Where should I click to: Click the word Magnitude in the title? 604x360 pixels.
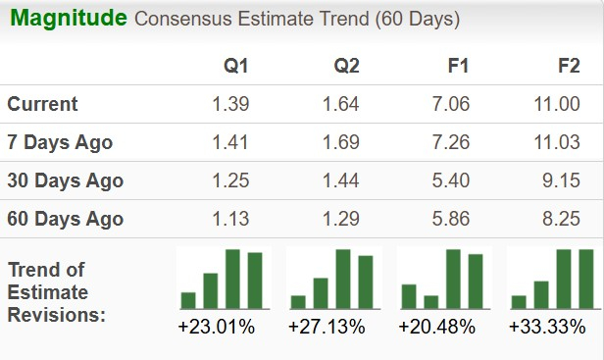pyautogui.click(x=69, y=19)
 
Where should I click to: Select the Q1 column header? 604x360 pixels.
pyautogui.click(x=236, y=67)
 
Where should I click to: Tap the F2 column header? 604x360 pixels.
pyautogui.click(x=568, y=67)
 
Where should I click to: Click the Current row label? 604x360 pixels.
pyautogui.click(x=42, y=104)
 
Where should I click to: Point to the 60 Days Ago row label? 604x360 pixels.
pyautogui.click(x=65, y=219)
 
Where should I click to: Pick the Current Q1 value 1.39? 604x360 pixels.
pyautogui.click(x=230, y=104)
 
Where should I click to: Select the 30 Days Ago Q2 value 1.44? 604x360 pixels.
pyautogui.click(x=340, y=180)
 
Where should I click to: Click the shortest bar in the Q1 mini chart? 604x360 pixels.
pyautogui.click(x=188, y=300)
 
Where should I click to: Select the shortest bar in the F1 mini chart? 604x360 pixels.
pyautogui.click(x=429, y=301)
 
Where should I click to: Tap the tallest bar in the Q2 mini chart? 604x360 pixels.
pyautogui.click(x=343, y=279)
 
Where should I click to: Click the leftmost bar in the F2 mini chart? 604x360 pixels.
pyautogui.click(x=519, y=301)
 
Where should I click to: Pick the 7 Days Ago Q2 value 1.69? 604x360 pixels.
pyautogui.click(x=340, y=142)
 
